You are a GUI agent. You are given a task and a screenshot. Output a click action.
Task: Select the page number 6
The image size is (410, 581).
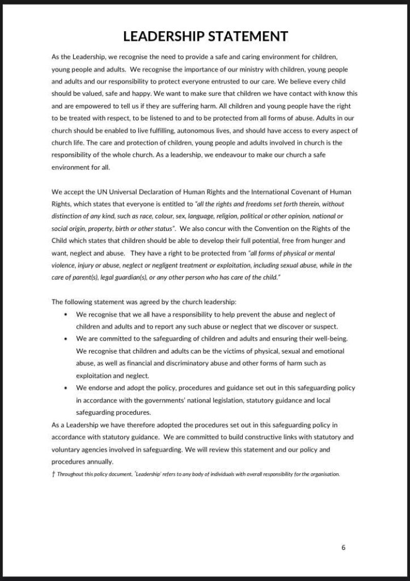pos(344,548)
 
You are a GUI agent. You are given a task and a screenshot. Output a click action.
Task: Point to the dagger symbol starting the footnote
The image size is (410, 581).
pos(53,474)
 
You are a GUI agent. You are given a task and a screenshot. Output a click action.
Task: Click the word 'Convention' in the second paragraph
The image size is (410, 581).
pos(269,228)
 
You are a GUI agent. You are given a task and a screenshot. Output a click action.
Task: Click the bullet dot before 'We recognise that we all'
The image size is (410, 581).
pos(67,314)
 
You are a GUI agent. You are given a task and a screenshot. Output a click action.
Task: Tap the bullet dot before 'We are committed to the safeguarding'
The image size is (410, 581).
pos(67,339)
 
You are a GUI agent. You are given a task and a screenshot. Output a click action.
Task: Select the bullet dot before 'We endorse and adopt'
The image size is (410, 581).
pos(67,388)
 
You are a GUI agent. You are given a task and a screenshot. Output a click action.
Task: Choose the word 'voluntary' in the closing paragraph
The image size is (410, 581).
pos(67,449)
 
